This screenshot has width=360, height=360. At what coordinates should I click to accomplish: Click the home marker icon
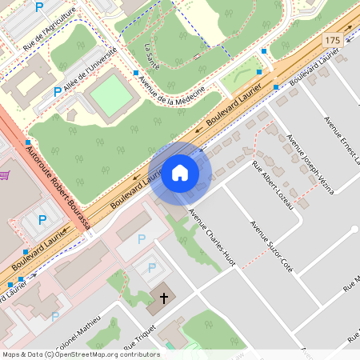pos(180,173)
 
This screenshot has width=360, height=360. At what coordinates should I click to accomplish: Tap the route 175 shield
pos(333,39)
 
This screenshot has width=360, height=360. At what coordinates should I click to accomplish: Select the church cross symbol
pos(164,298)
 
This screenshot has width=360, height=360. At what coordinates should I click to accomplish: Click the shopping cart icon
pos(4,174)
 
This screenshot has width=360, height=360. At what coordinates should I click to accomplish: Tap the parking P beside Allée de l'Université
pos(57,92)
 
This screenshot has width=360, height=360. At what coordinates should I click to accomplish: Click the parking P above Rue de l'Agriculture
pos(40,7)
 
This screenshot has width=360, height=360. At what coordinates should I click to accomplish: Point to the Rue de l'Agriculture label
pos(50,30)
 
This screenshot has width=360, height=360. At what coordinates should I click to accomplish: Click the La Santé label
pos(150,56)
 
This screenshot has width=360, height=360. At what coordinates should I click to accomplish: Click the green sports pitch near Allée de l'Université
pos(111,96)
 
